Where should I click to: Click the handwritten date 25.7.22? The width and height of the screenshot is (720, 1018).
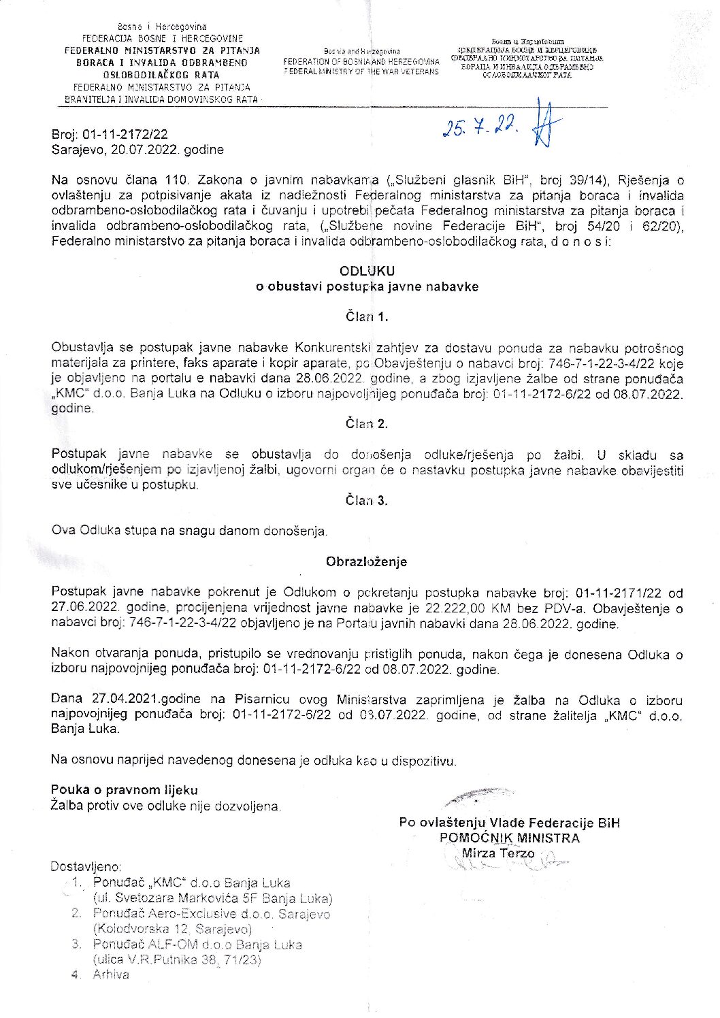pyautogui.click(x=480, y=127)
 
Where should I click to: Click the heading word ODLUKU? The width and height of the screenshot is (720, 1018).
pyautogui.click(x=367, y=271)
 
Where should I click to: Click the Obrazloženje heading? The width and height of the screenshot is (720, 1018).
pyautogui.click(x=366, y=561)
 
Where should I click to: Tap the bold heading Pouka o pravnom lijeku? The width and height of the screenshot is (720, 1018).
pyautogui.click(x=124, y=790)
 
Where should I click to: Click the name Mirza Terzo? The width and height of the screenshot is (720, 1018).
pyautogui.click(x=498, y=853)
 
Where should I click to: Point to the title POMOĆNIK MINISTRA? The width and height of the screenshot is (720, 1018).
pyautogui.click(x=509, y=838)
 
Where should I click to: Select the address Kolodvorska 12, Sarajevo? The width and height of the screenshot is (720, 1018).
pyautogui.click(x=173, y=929)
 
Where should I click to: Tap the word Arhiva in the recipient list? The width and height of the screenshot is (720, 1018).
pyautogui.click(x=111, y=974)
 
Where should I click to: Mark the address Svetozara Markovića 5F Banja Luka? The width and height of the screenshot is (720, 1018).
pyautogui.click(x=213, y=898)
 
